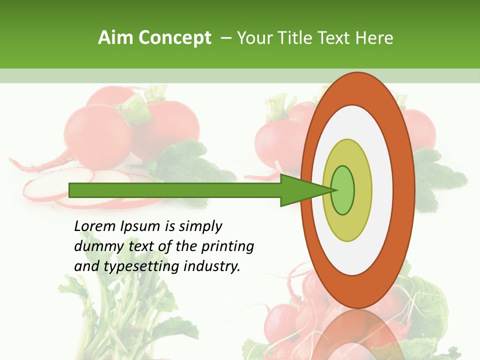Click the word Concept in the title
click(x=175, y=38)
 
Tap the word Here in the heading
click(x=374, y=38)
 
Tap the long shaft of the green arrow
click(x=175, y=190)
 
